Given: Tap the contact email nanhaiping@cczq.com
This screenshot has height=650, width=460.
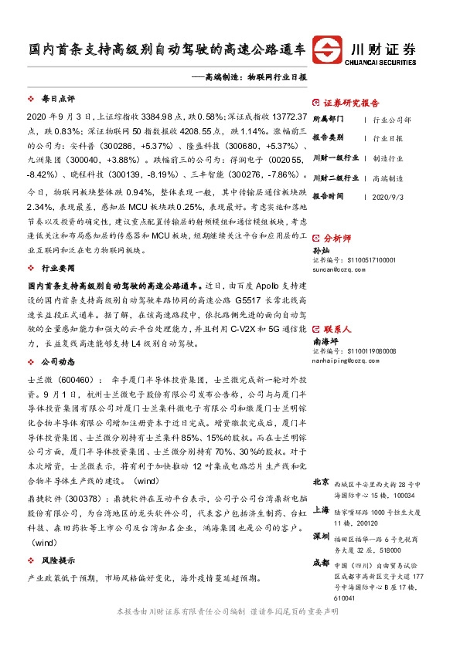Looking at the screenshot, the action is tap(339, 358).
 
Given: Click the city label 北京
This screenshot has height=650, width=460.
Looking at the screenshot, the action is tap(321, 482).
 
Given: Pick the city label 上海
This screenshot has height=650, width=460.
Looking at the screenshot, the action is tap(321, 510).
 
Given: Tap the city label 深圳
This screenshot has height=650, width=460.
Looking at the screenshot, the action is tap(321, 536).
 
